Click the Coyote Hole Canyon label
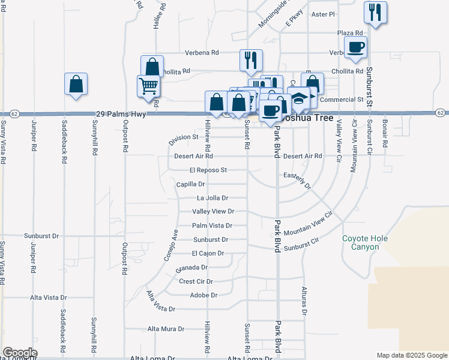[364, 242]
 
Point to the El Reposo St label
[208, 170]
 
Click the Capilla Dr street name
[191, 184]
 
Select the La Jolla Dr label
[213, 198]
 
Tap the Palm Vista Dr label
[212, 226]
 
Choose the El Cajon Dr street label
[208, 253]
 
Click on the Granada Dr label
[191, 268]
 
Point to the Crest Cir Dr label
[196, 281]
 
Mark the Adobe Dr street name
[203, 295]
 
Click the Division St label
[183, 139]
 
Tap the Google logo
[20, 353]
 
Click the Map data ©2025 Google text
[411, 355]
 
